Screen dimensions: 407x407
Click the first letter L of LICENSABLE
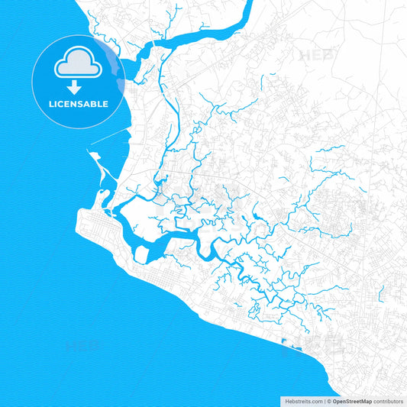[x=51, y=104]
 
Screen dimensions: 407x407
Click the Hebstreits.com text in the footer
[x=302, y=401]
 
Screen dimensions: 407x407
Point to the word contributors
[x=389, y=401]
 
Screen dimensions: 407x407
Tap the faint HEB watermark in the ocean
[x=82, y=347]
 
